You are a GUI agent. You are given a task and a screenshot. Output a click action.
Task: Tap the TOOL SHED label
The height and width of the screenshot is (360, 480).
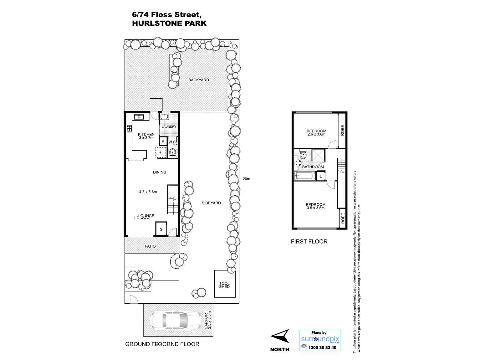(224, 285)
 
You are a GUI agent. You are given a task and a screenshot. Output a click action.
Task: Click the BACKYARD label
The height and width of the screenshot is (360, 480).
(198, 80)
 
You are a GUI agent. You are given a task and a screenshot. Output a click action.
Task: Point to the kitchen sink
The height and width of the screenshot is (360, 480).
(139, 117)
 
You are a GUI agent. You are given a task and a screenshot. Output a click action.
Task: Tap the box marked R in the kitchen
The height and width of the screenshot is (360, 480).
(160, 152)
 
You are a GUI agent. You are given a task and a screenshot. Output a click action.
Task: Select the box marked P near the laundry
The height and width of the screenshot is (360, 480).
(163, 141)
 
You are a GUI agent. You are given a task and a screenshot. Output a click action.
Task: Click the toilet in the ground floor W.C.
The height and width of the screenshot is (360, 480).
(172, 153)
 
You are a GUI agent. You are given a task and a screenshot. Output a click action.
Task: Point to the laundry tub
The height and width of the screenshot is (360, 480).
(165, 117)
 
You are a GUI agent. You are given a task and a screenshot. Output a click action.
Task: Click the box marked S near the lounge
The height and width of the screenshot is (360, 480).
(161, 229)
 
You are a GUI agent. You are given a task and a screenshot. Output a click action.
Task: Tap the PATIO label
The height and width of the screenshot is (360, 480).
(150, 246)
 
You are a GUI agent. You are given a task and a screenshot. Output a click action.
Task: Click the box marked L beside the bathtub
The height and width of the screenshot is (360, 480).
(321, 177)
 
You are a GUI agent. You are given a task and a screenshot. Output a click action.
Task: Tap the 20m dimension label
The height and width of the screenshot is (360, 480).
(247, 179)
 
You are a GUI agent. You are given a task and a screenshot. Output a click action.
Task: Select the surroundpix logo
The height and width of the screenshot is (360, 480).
(320, 339)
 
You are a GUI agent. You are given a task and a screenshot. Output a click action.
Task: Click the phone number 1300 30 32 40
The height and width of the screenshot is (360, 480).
(322, 347)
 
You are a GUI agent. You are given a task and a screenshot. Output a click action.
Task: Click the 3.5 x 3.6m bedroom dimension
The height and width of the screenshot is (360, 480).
(315, 208)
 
